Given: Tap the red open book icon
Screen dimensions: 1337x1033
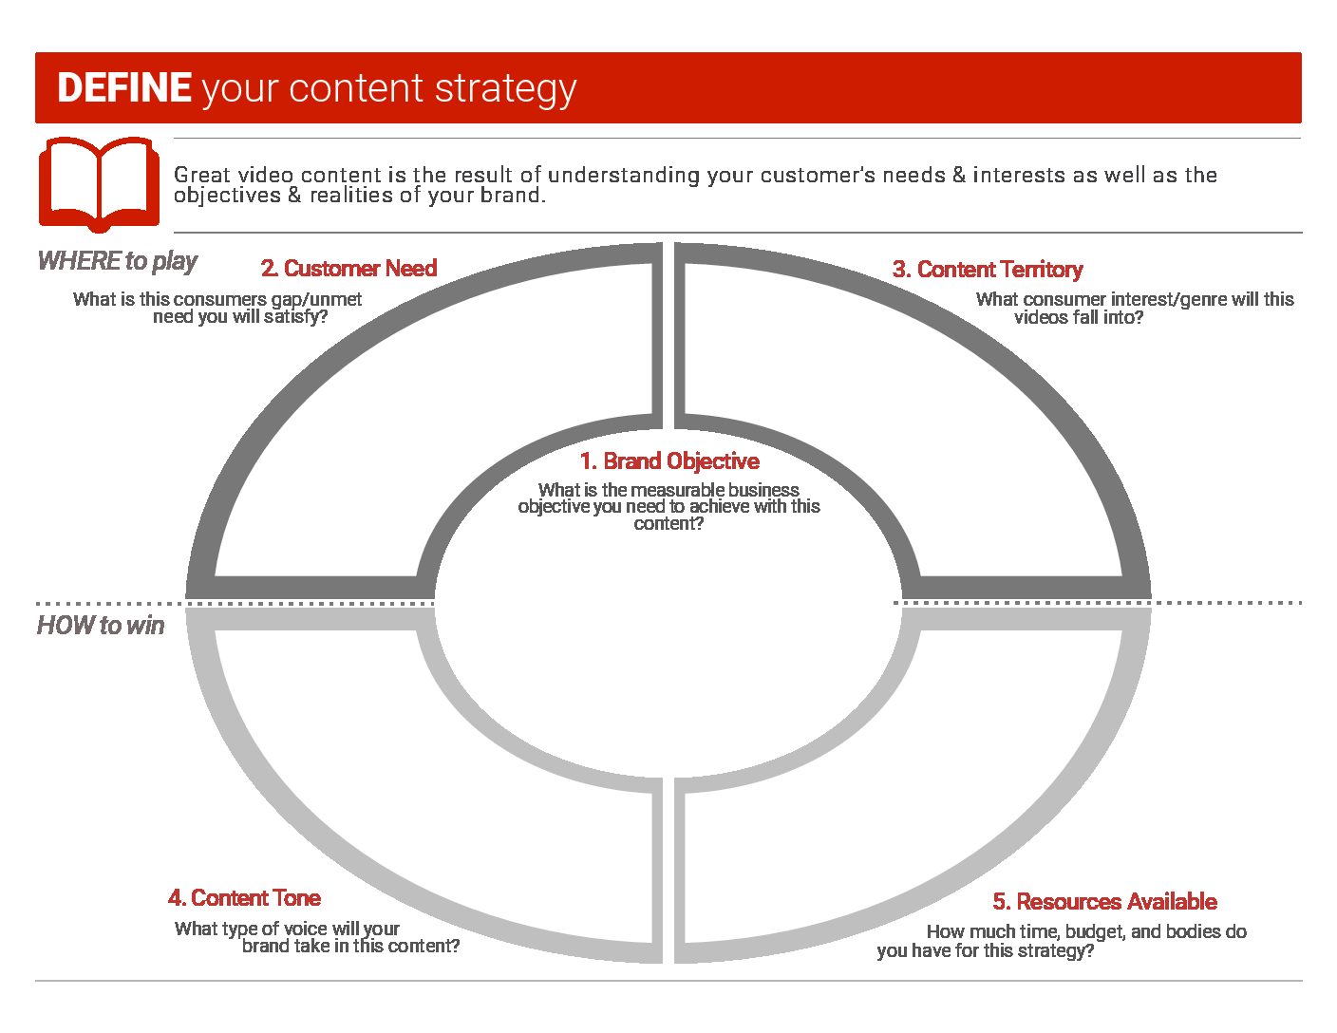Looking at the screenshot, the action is point(99,184).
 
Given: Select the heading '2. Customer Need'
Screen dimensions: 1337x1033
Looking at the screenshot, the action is point(348,269).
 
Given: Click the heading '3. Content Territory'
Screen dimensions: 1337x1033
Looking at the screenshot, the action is point(987,270).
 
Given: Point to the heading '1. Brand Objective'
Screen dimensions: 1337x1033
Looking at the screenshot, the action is point(669,460).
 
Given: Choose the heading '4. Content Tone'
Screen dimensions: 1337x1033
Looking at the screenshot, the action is point(244,897).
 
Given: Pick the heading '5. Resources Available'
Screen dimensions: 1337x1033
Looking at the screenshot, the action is point(1104,901).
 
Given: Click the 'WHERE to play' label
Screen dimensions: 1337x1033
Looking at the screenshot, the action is point(118,261).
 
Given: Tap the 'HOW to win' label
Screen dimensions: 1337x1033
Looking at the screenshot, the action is point(101,625).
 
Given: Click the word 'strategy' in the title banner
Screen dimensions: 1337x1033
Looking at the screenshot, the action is point(506,90).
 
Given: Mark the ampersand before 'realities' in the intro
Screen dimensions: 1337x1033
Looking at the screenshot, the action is point(294,195).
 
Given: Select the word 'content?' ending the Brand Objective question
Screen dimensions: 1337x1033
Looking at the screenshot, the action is point(668,523).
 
